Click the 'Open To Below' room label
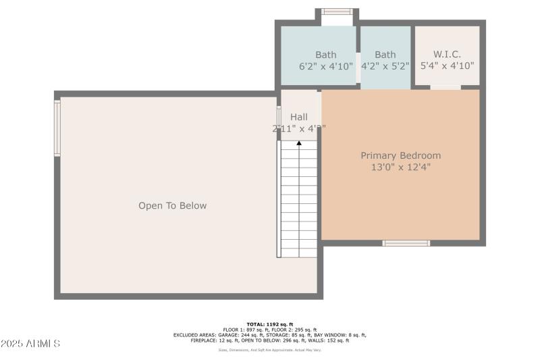(x=172, y=205)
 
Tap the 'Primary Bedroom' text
(x=400, y=155)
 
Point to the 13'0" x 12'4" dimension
(x=400, y=167)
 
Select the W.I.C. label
(x=447, y=54)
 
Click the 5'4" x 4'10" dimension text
(x=447, y=66)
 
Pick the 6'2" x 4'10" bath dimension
(x=325, y=66)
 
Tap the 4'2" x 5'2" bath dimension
(x=385, y=66)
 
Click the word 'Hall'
(x=299, y=117)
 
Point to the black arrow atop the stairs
(x=299, y=143)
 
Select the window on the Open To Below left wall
(x=57, y=128)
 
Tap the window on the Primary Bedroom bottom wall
(x=406, y=243)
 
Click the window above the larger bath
(x=336, y=11)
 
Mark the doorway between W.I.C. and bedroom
(x=446, y=87)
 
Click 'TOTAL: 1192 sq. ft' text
(x=269, y=324)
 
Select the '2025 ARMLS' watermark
(x=31, y=344)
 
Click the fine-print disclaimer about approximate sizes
(x=269, y=349)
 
